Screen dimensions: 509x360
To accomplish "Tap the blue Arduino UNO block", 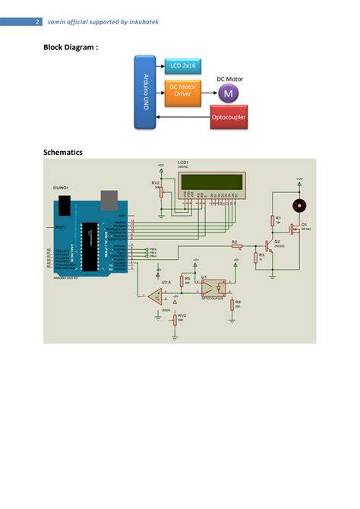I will (x=147, y=93).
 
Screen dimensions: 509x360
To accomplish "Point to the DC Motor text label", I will (x=231, y=78).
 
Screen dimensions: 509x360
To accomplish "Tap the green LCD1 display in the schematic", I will (x=210, y=182).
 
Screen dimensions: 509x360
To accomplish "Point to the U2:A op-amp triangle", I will (x=154, y=294).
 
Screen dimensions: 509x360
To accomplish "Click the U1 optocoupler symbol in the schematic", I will (x=211, y=287).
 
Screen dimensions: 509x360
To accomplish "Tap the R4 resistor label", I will (x=237, y=301).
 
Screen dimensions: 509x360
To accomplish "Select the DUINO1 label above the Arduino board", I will (x=61, y=187).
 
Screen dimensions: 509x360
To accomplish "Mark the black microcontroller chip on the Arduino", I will (x=90, y=246).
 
